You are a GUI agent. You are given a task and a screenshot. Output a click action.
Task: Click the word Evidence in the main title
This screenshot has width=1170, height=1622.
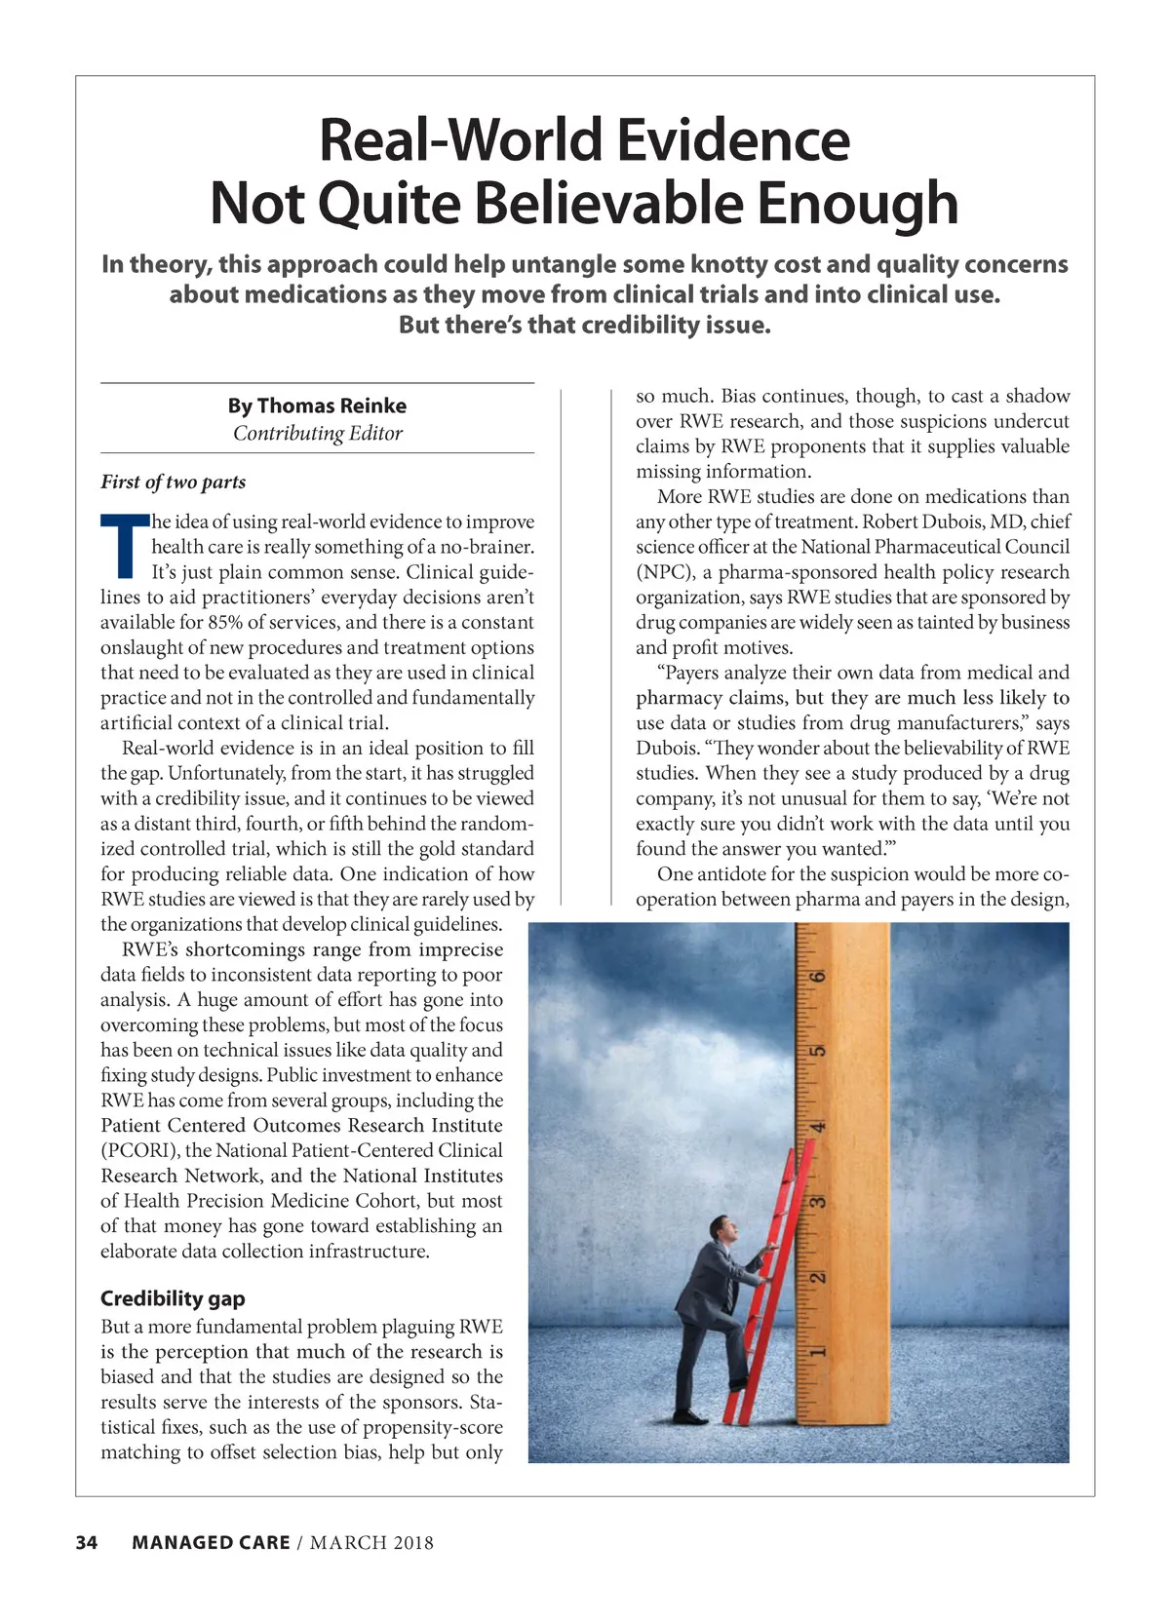click(x=733, y=140)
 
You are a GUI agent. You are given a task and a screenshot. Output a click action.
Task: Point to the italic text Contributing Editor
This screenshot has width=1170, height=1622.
click(x=317, y=433)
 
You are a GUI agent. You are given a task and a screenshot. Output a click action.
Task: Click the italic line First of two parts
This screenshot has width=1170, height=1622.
click(x=173, y=482)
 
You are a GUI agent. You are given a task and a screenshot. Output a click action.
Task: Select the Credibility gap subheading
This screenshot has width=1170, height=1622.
click(x=173, y=1298)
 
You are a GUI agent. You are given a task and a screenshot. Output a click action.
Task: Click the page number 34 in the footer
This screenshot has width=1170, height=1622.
click(x=87, y=1542)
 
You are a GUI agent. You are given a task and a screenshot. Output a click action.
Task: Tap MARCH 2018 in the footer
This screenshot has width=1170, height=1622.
click(x=371, y=1542)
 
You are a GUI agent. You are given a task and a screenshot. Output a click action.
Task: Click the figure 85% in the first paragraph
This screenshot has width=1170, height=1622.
click(x=226, y=622)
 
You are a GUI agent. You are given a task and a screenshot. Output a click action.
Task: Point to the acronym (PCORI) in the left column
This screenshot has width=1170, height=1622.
click(x=139, y=1150)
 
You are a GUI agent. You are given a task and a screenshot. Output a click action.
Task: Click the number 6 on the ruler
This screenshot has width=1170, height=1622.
click(x=819, y=976)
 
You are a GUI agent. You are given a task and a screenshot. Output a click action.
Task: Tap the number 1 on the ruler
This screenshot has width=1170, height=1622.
click(x=819, y=1351)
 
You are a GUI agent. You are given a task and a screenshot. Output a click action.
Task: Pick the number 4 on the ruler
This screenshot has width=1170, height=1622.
click(x=819, y=1127)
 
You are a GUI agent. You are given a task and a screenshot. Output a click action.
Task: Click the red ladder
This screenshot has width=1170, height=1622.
click(x=770, y=1296)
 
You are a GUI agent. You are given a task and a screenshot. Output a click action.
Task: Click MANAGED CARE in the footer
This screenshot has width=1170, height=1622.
click(x=211, y=1542)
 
